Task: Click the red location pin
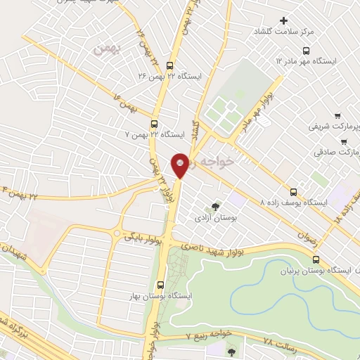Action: tap(181, 165)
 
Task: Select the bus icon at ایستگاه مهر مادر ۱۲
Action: tap(306, 51)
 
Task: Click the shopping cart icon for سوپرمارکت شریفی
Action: tap(338, 115)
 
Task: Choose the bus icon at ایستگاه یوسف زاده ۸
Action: tap(293, 191)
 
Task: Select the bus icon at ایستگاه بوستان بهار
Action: tap(161, 285)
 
